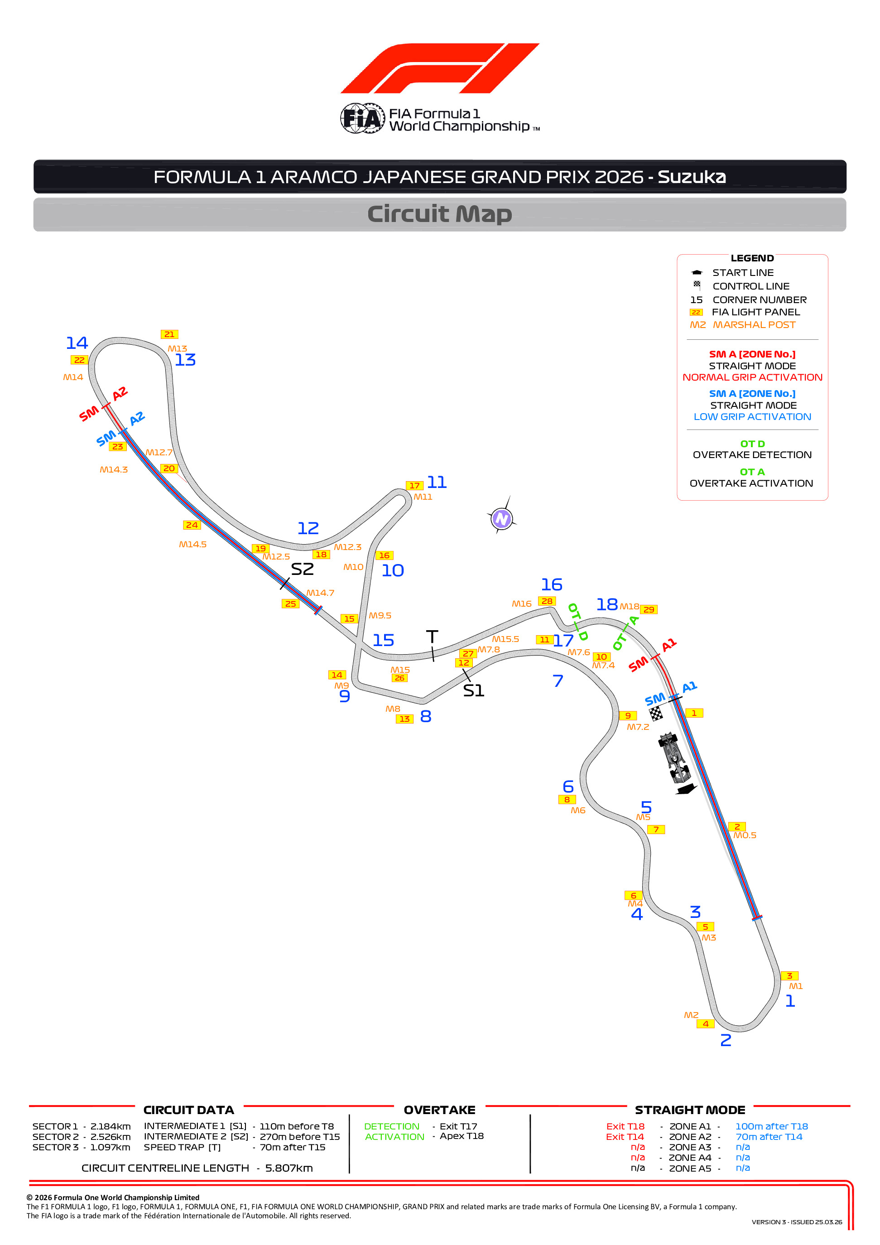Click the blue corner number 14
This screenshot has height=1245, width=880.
[77, 343]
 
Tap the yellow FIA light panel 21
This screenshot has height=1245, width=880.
[169, 334]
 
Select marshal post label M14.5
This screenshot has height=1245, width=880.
[192, 545]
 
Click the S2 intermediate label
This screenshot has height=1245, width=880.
[302, 569]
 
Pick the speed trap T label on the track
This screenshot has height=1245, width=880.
[432, 637]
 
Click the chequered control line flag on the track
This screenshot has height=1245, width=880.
[656, 714]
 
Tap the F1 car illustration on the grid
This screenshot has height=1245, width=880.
[673, 758]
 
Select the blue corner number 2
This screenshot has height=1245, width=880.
[726, 1040]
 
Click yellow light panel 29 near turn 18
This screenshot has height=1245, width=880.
[649, 609]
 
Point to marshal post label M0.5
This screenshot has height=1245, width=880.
[745, 835]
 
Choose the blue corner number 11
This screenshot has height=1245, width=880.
[437, 482]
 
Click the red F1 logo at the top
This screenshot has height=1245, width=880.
[440, 68]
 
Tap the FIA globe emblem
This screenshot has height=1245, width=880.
[362, 118]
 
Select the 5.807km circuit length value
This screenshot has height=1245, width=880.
[289, 1168]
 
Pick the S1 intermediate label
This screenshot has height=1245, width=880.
[473, 690]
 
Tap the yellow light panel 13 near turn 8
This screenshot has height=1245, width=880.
[404, 719]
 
